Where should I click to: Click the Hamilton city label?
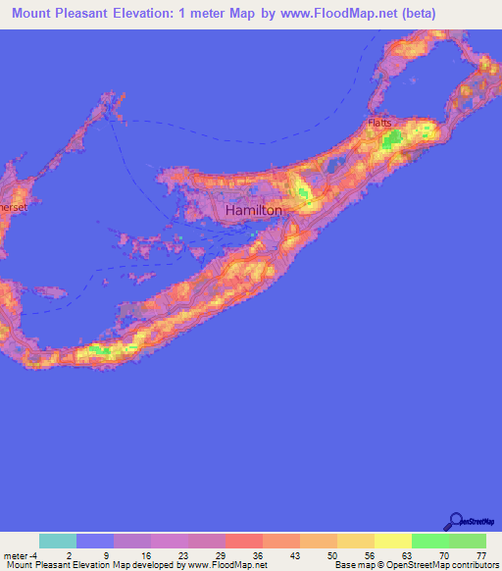[254, 210]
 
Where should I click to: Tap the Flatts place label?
[379, 123]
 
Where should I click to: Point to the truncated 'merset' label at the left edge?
[13, 208]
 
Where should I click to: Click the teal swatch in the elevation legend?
[58, 541]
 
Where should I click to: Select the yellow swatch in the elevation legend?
[393, 541]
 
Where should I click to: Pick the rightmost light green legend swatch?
[468, 541]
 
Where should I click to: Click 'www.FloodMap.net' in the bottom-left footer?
[227, 565]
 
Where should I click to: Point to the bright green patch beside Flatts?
[394, 142]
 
